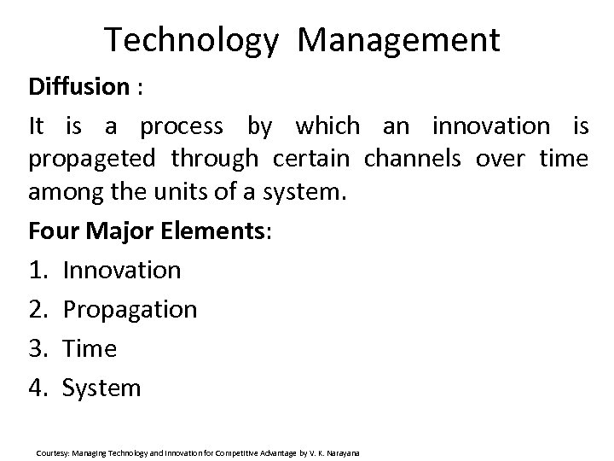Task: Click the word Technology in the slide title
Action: click(x=192, y=39)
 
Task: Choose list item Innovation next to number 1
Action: click(x=122, y=271)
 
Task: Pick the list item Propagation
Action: click(x=130, y=310)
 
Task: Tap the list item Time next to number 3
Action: click(x=90, y=349)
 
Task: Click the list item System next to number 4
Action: click(x=101, y=388)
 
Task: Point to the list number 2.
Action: click(x=38, y=310)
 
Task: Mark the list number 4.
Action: click(x=38, y=388)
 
